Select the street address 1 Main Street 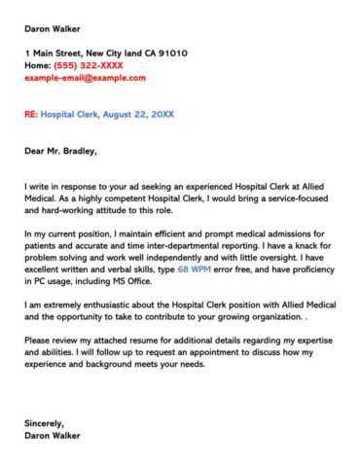(56, 53)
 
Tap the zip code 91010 (173, 53)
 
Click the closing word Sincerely (45, 423)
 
